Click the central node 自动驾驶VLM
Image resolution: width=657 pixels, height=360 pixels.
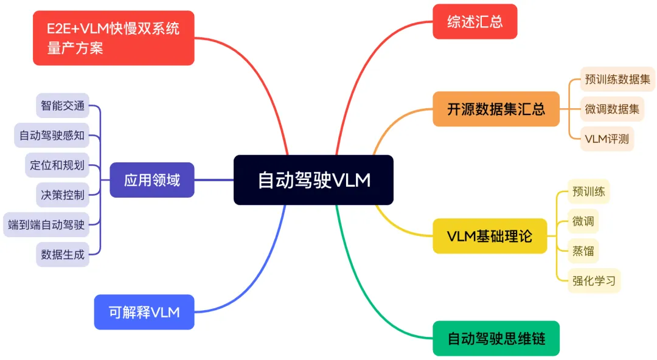click(313, 180)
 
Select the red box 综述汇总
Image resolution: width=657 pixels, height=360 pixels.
click(474, 21)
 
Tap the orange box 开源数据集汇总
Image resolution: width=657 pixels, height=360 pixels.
click(496, 109)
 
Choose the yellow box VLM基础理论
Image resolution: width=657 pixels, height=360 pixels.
click(490, 236)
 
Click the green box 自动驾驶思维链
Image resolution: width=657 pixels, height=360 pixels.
click(496, 338)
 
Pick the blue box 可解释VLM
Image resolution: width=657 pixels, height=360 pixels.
click(144, 312)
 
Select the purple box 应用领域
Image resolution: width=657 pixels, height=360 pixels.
click(151, 180)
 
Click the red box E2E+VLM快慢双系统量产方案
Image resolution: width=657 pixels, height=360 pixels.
click(113, 38)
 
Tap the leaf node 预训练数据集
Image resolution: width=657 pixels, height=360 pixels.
click(617, 79)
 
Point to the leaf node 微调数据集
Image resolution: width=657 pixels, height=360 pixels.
click(612, 109)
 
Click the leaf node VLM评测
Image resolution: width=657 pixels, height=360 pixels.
click(607, 139)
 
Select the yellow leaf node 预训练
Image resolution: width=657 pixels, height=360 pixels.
click(588, 192)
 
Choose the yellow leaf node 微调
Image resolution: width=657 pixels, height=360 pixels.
click(583, 221)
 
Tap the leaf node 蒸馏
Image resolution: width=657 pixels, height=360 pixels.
click(583, 251)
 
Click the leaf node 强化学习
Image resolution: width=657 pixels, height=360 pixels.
click(594, 280)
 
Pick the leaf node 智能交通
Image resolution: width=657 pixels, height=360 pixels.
click(63, 105)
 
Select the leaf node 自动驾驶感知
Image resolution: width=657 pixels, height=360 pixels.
click(52, 135)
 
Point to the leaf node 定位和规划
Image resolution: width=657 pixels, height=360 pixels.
click(57, 165)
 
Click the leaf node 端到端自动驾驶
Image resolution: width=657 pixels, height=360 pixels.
click(46, 224)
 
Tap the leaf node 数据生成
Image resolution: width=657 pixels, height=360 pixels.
click(63, 254)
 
